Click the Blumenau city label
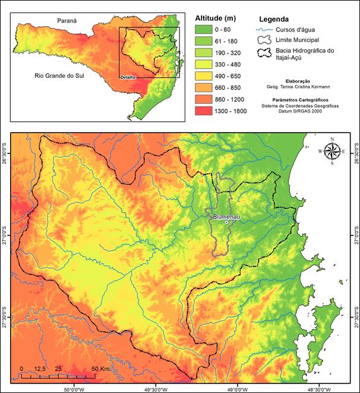(225, 216)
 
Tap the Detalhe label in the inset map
(128, 77)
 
